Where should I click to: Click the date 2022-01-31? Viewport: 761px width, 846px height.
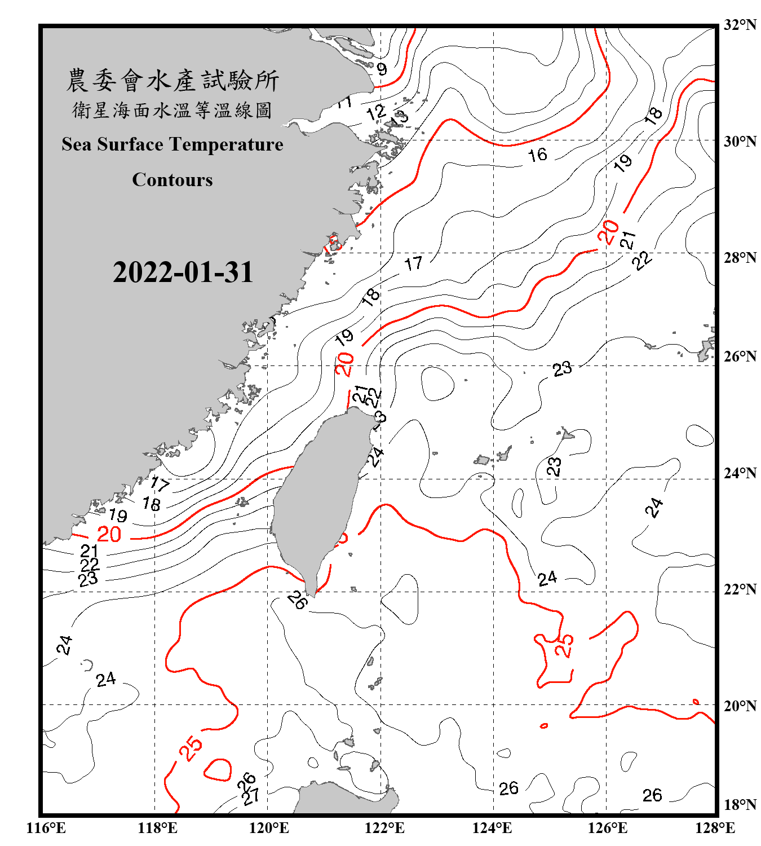(183, 272)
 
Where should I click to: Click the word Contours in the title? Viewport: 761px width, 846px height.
(172, 179)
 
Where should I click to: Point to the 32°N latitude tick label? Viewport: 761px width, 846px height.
(740, 25)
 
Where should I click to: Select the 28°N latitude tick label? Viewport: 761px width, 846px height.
(740, 258)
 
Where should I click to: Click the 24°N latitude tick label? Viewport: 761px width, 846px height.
(740, 473)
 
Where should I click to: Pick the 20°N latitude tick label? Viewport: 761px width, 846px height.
(740, 706)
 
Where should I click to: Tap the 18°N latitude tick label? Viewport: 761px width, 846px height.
(740, 805)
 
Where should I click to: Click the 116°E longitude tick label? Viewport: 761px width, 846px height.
(46, 828)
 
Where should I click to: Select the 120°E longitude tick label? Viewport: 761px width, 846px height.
(269, 828)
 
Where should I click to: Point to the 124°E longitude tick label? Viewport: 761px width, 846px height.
(492, 828)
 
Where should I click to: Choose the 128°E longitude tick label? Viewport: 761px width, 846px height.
(715, 828)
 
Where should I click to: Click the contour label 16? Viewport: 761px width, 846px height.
(537, 155)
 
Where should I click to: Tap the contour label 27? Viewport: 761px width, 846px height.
(251, 796)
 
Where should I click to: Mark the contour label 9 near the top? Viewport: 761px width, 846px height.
(382, 69)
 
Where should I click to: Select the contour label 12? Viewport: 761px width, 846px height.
(376, 112)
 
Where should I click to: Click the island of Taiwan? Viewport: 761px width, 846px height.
(318, 496)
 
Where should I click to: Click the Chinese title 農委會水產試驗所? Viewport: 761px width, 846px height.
(172, 81)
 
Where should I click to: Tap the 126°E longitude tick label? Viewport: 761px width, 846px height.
(607, 828)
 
